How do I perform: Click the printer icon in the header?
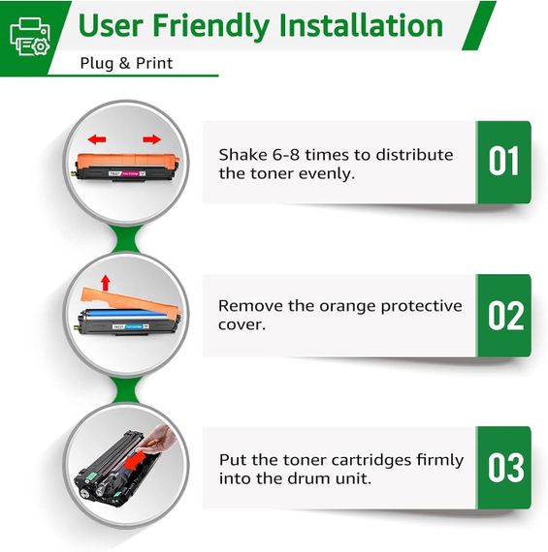[x=30, y=37]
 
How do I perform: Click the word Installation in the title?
[x=361, y=25]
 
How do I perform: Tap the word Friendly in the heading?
[x=210, y=27]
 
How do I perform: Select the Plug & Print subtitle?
[x=126, y=63]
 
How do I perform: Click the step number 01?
[x=503, y=161]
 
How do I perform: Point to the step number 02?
[x=505, y=316]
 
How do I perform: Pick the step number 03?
[x=505, y=467]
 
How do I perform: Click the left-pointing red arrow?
[x=97, y=139]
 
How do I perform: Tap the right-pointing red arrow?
[x=151, y=139]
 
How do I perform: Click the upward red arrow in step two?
[x=106, y=283]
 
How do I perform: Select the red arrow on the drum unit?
[x=136, y=460]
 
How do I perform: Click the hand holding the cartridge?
[x=159, y=439]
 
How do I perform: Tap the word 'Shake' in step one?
[x=243, y=155]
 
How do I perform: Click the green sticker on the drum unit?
[x=91, y=476]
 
